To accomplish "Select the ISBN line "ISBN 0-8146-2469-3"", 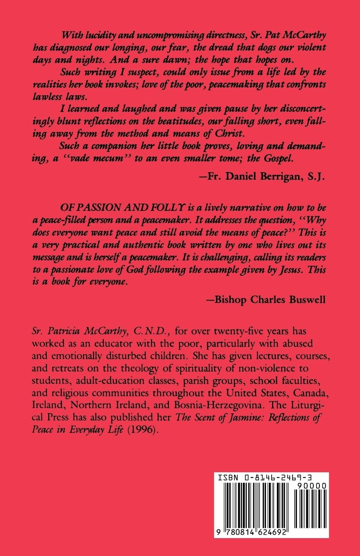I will [271, 477].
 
